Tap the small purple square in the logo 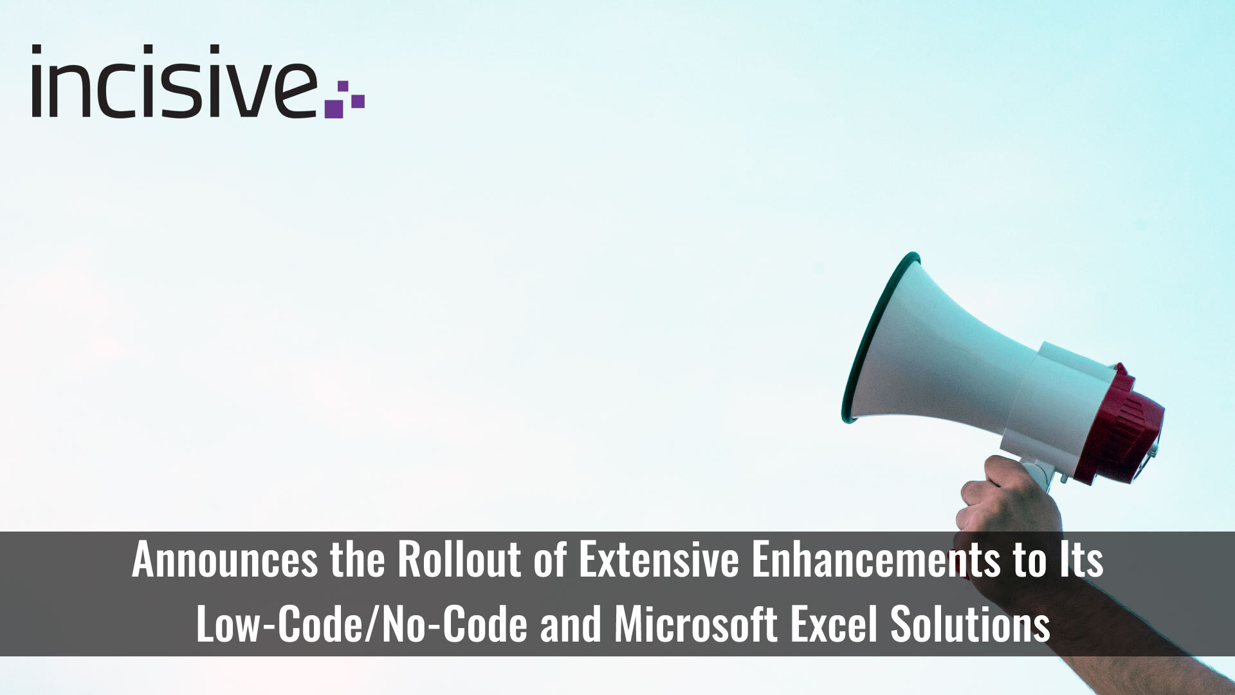[x=343, y=87]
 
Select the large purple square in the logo [x=334, y=108]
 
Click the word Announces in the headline [x=224, y=560]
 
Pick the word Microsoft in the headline [x=695, y=623]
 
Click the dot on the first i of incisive [x=37, y=49]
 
